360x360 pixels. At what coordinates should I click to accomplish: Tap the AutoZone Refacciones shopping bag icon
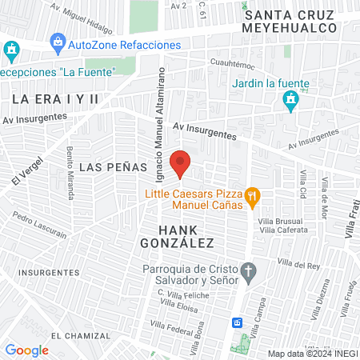(x=57, y=42)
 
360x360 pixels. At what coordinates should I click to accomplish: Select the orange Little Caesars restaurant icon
(x=253, y=195)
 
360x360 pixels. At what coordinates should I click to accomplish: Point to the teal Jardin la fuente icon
(x=290, y=99)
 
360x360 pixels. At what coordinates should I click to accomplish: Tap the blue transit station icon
(x=237, y=322)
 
